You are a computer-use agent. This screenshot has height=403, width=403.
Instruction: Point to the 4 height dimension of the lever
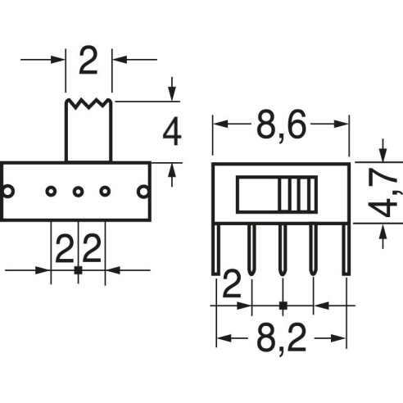pos(172,131)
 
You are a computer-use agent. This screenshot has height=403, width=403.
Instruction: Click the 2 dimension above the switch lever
pos(88,61)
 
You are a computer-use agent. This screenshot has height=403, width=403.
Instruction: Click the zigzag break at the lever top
pos(88,103)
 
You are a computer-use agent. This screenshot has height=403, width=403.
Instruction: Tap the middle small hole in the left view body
pos(78,192)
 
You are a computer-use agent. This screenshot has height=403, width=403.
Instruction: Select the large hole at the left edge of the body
pos(7,191)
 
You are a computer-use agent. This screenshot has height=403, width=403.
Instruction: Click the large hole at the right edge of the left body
pos(143,192)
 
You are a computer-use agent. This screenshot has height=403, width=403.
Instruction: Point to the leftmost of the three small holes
pos(51,192)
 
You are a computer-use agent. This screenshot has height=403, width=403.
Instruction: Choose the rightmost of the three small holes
pos(105,192)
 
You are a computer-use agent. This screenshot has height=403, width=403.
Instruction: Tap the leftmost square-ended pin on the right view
pos(216,250)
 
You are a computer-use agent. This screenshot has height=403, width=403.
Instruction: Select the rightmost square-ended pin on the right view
pos(346,250)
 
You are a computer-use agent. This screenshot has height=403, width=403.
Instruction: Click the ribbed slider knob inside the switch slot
pos(298,194)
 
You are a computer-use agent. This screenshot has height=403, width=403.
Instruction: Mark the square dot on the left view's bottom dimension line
pos(78,270)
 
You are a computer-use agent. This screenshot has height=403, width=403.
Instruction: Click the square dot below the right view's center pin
pos(283,306)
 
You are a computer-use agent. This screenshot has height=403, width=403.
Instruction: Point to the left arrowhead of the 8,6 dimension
pos(220,124)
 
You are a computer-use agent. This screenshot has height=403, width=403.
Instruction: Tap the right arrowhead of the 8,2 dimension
pos(338,338)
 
